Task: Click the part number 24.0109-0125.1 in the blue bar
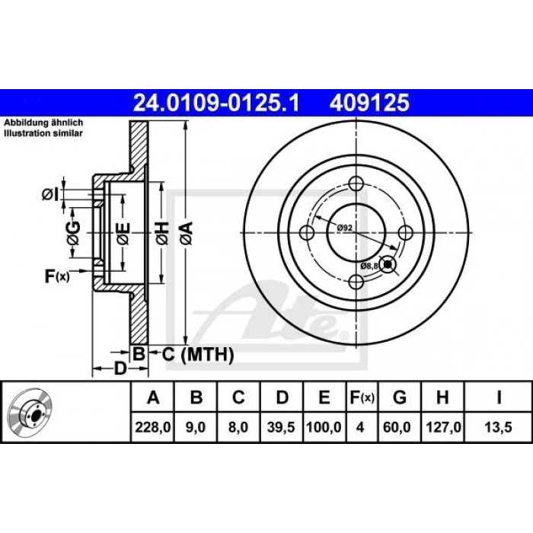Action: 216,103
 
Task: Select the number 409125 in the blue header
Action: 369,103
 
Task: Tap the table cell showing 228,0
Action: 152,427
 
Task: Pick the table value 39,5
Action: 281,427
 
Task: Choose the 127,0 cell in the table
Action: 443,427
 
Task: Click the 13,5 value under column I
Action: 498,427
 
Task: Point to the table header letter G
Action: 400,397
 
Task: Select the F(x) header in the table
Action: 362,397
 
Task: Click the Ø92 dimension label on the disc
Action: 345,228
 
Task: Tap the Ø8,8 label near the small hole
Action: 369,266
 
